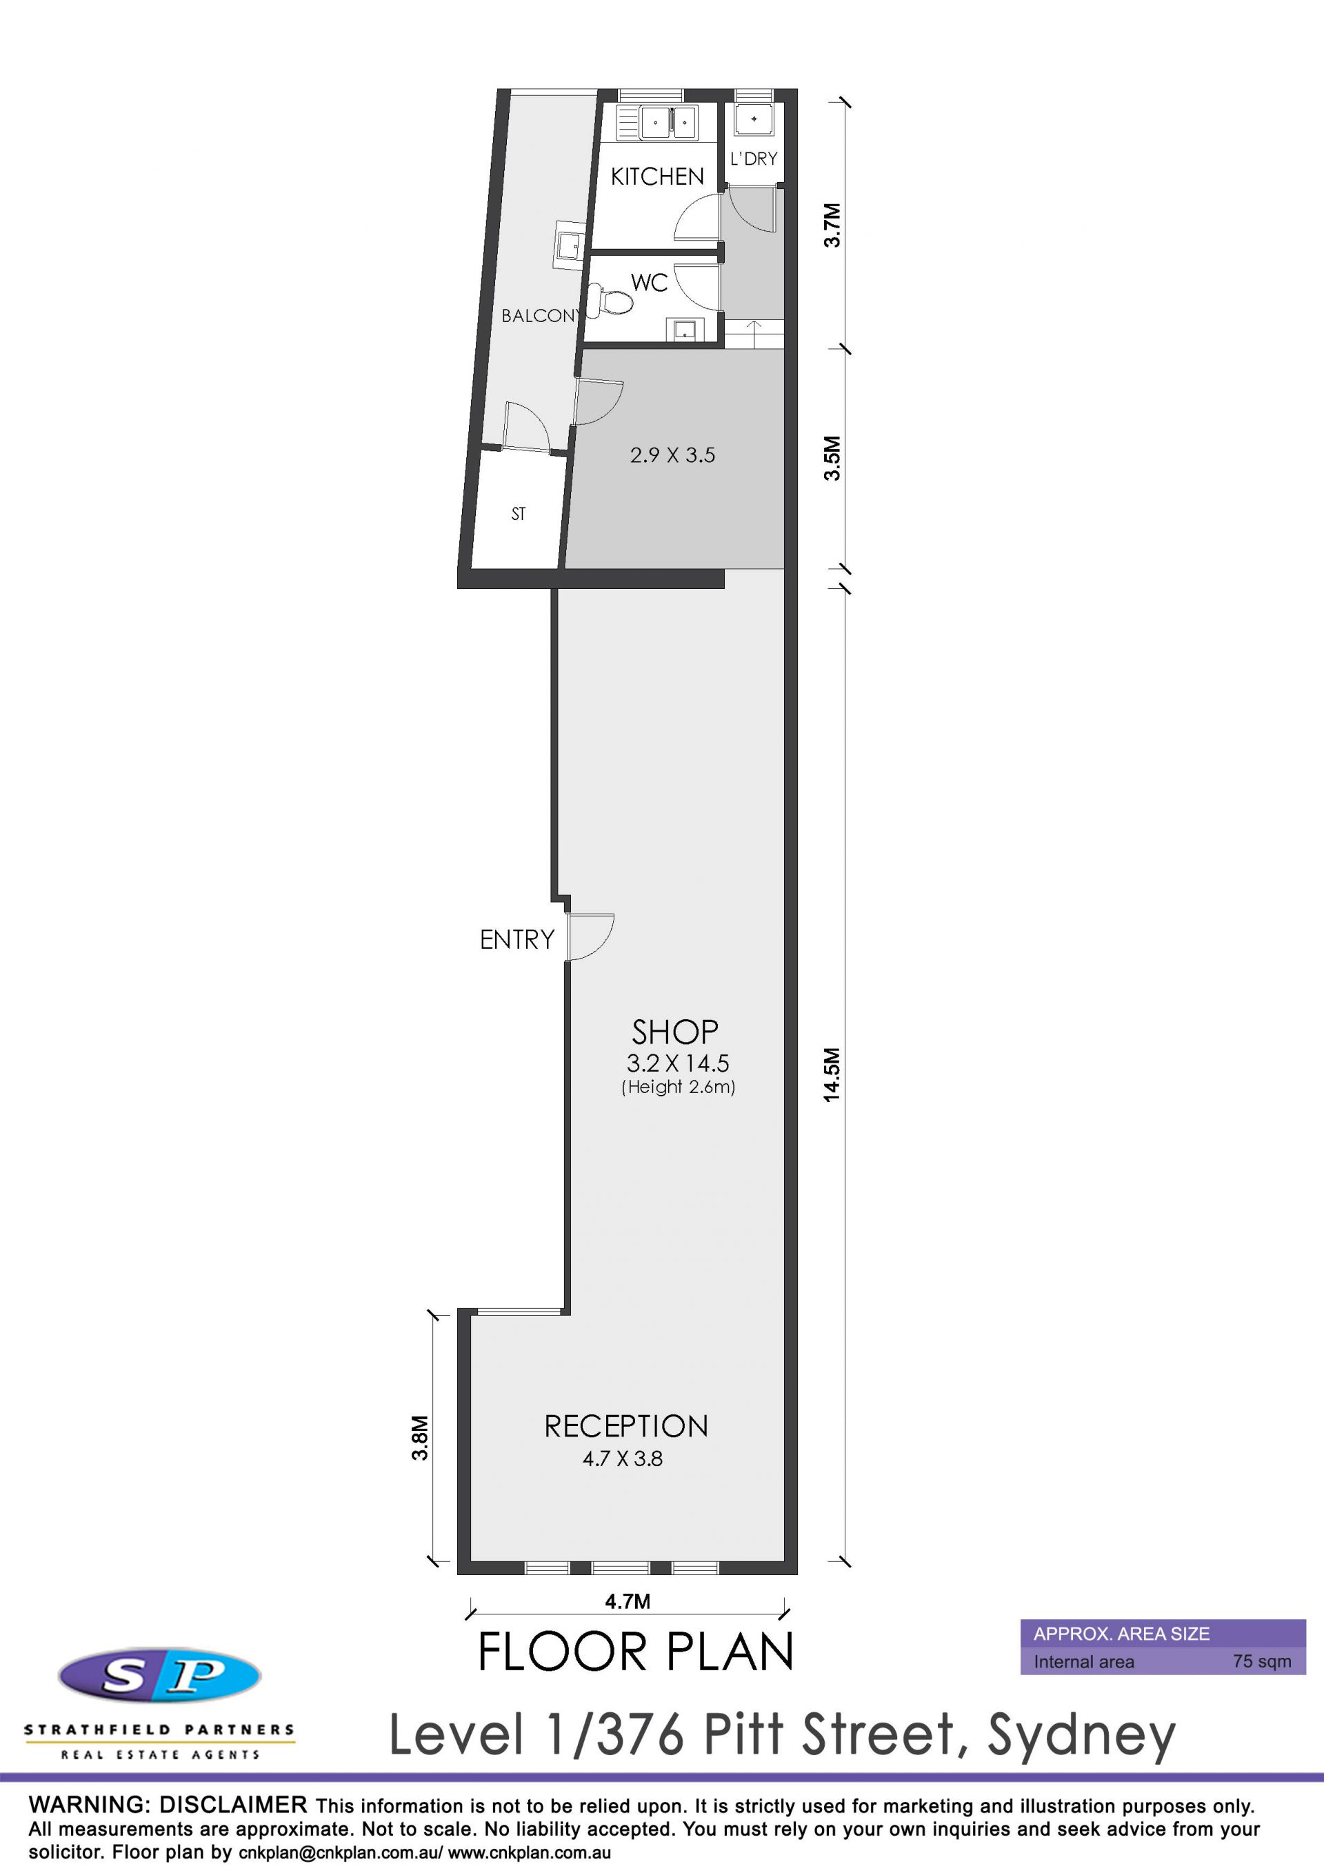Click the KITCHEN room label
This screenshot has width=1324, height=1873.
coord(656,177)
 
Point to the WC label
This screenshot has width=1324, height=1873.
coord(650,282)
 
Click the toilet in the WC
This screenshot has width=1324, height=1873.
coord(611,300)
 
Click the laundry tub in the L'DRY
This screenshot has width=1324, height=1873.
coord(754,120)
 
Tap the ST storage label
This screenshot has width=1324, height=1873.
coord(518,514)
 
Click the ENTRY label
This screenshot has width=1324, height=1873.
coord(516,939)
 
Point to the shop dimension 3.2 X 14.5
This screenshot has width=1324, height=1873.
coord(677,1063)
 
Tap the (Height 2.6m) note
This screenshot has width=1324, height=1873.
coord(678,1087)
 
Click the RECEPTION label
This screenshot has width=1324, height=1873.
coord(625,1426)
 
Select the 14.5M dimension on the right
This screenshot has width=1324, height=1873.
coord(831,1074)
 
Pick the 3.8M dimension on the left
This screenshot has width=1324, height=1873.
coord(419,1439)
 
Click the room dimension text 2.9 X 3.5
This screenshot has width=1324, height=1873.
coord(672,455)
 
